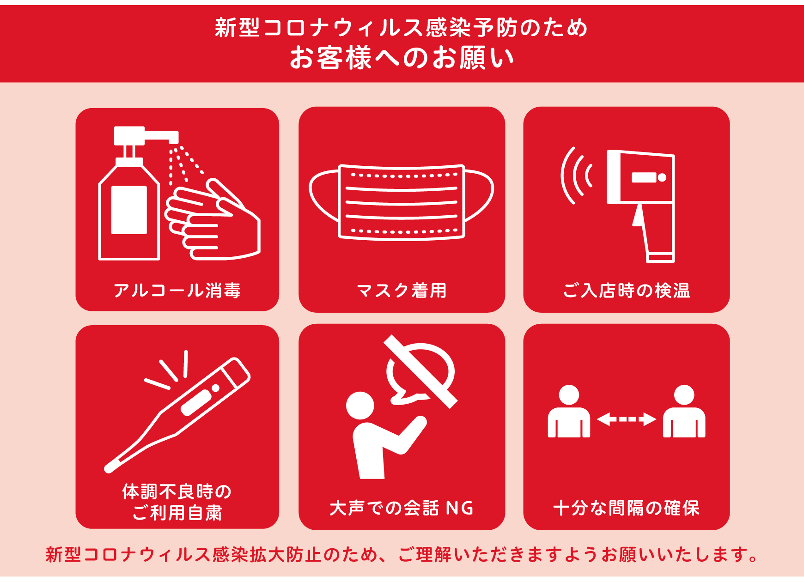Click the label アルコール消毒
click(177, 291)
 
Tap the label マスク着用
click(402, 291)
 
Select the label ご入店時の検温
click(627, 291)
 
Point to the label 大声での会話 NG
click(402, 508)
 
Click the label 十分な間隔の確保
click(627, 508)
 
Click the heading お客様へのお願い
click(402, 58)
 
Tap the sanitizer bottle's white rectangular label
click(129, 210)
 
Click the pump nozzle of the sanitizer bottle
click(162, 136)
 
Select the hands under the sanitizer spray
click(213, 219)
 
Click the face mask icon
click(401, 202)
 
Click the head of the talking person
click(360, 406)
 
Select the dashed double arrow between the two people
click(627, 419)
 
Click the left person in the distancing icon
click(569, 411)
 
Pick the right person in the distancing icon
click(684, 411)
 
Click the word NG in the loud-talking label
click(460, 508)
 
